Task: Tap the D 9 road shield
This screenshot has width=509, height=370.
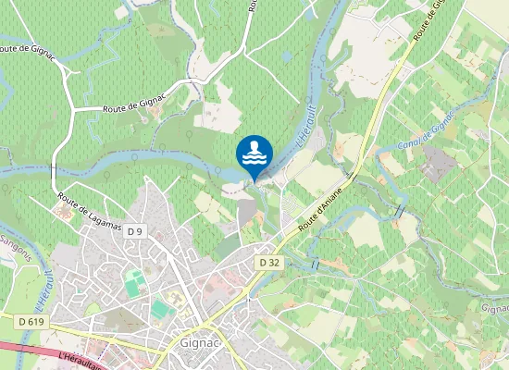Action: coord(136,230)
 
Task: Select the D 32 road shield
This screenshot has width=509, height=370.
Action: coord(269,263)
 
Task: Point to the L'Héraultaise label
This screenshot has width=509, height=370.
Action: coord(80,357)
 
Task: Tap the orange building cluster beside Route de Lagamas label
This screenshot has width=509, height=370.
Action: coord(63,214)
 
